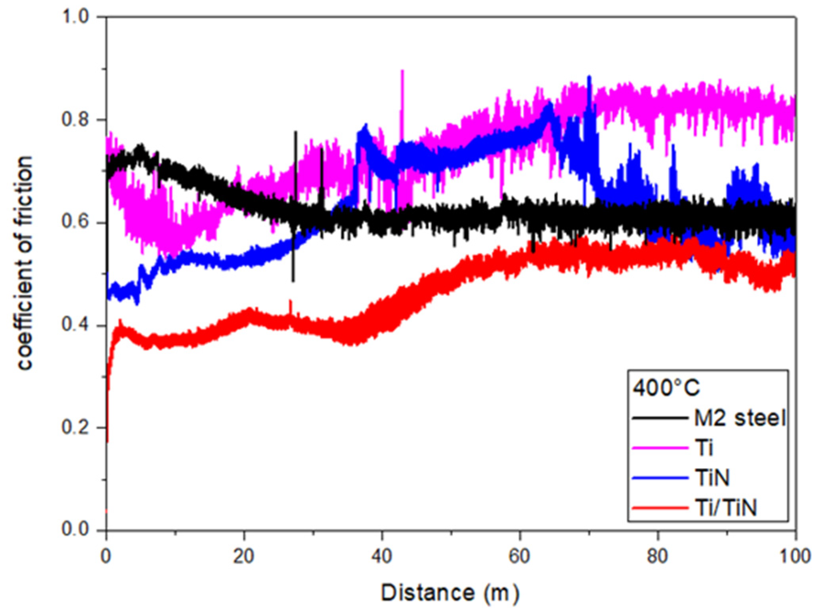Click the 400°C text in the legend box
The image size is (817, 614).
click(x=666, y=388)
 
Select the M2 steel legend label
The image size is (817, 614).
click(x=740, y=418)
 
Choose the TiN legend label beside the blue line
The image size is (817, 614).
click(x=712, y=478)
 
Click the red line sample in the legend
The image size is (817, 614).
click(x=660, y=508)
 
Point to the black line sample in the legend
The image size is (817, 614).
click(x=660, y=418)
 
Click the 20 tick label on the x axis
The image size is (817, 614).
click(x=243, y=556)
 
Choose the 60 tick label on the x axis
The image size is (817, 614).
click(x=519, y=556)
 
